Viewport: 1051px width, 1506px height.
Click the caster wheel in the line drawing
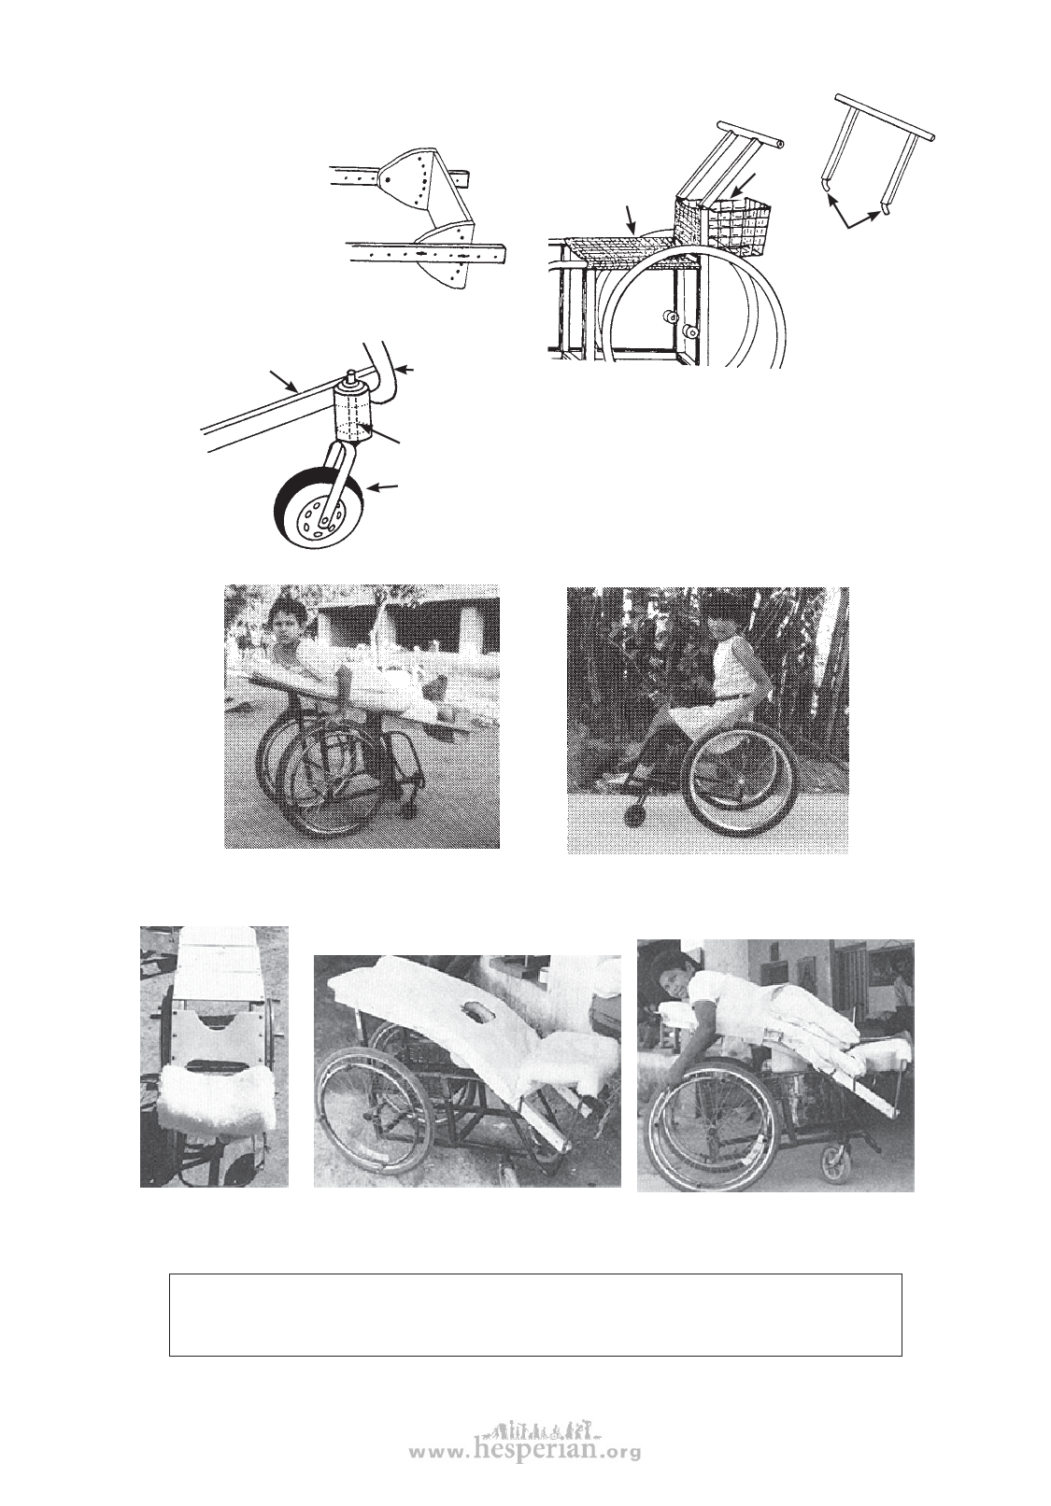click(319, 508)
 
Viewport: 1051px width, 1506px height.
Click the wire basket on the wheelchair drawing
click(723, 225)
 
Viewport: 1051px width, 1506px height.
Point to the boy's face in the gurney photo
click(285, 628)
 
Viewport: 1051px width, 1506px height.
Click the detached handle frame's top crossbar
click(884, 117)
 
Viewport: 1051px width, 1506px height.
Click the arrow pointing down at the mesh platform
click(629, 219)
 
